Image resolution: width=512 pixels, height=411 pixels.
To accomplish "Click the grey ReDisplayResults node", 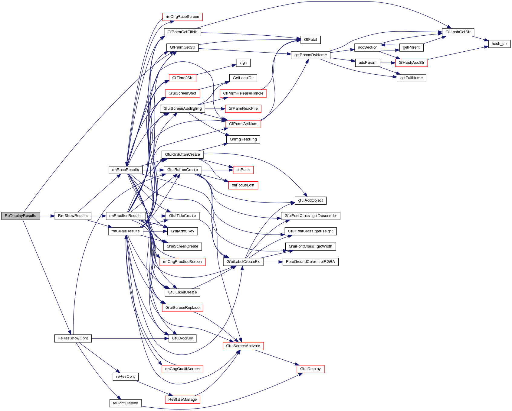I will coord(21,216).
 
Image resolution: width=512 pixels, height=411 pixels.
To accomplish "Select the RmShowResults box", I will coord(73,216).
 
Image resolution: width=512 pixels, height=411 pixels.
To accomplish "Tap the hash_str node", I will coord(499,44).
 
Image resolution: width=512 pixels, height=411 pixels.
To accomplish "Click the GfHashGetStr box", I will coord(458,32).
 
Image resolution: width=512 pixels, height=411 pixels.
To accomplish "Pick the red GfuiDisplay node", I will coord(310,369).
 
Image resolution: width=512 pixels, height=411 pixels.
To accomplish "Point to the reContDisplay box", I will coord(125,403).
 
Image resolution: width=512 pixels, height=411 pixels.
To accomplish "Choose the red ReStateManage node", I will coord(182,400).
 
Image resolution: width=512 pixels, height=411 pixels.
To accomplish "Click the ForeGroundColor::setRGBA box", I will coord(310,262).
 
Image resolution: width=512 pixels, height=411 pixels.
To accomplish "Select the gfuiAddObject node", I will coord(310,200).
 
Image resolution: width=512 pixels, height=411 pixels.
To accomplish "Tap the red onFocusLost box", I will coord(243,185).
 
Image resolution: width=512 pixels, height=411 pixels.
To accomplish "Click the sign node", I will coord(243,63).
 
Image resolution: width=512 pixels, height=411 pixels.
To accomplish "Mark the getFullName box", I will coord(411,78).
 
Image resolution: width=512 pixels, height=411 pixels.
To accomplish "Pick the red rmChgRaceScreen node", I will coord(182,17).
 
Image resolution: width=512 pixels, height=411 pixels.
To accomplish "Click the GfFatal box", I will coord(310,40).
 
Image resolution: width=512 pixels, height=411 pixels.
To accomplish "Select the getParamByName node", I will coord(310,55).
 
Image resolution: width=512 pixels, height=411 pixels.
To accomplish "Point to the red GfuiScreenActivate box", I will coord(243,346).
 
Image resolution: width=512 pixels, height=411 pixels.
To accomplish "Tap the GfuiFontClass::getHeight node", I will coord(310,231).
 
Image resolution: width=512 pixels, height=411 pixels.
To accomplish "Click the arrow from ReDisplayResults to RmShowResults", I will coord(47,216).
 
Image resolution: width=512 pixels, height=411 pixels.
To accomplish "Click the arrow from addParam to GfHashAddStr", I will coord(388,63).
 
